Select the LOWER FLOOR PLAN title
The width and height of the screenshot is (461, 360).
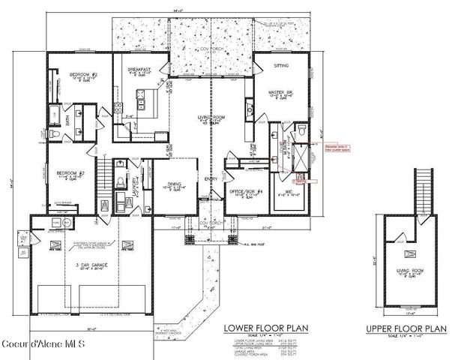point(268,327)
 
